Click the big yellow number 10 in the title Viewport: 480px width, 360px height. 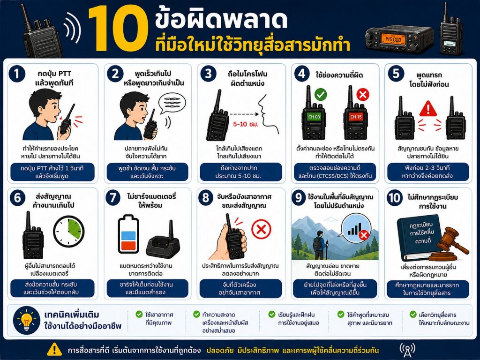click(118, 29)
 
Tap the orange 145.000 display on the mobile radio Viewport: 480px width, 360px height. click(393, 39)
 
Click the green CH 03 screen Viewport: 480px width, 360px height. click(314, 117)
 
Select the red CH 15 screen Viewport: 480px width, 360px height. click(356, 117)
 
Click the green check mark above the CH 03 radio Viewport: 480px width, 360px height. click(321, 94)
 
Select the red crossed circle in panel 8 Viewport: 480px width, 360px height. click(261, 229)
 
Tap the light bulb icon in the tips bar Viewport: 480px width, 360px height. click(27, 320)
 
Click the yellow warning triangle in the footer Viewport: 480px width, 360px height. click(54, 349)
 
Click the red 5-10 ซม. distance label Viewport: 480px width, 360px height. click(246, 124)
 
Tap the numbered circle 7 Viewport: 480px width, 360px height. click(113, 197)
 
